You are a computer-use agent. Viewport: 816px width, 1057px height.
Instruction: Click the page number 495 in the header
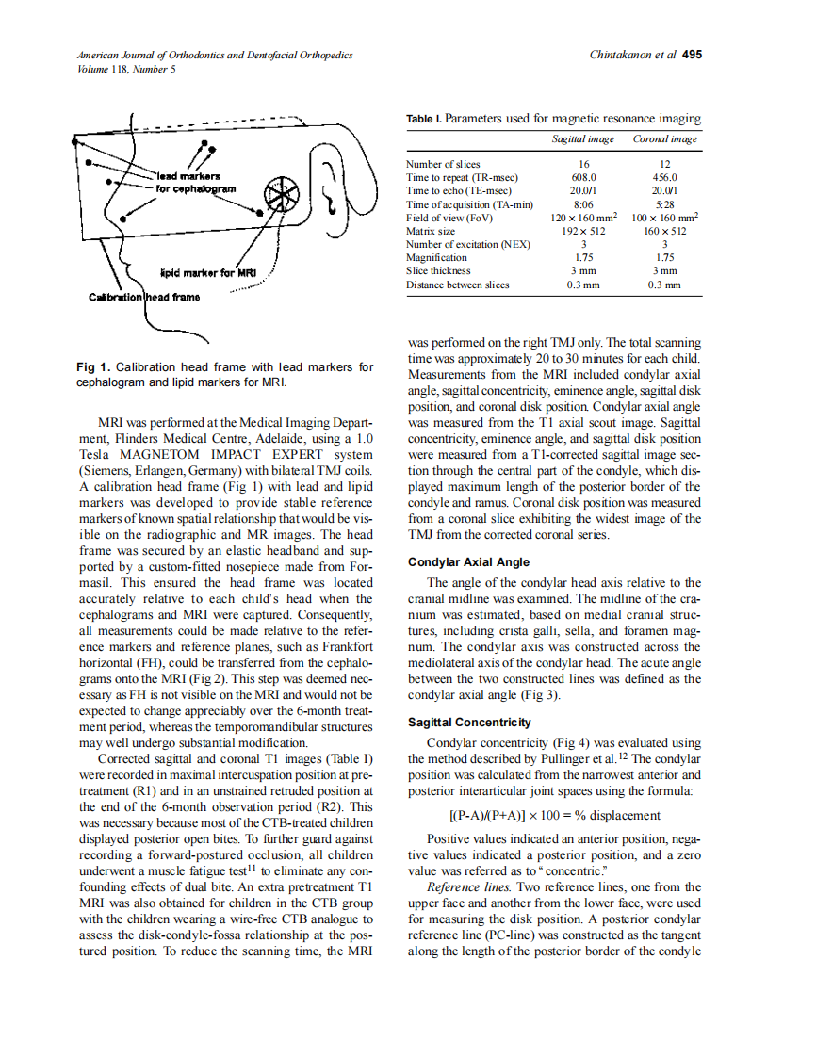point(692,55)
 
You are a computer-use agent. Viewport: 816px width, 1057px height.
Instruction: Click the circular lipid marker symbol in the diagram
point(279,195)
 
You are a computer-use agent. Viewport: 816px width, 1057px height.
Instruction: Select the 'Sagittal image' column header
point(582,139)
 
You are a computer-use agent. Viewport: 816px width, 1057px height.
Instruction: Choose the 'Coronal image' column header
point(665,139)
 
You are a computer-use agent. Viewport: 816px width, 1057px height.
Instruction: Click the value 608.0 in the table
point(583,177)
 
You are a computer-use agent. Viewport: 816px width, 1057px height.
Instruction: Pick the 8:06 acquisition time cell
point(583,204)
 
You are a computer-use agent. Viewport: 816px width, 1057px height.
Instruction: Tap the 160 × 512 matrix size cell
point(665,231)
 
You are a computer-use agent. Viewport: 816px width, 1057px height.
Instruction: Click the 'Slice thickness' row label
point(438,270)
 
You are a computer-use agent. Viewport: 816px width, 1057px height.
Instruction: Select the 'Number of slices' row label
point(443,164)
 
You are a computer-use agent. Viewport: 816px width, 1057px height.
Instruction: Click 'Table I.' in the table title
point(423,119)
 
